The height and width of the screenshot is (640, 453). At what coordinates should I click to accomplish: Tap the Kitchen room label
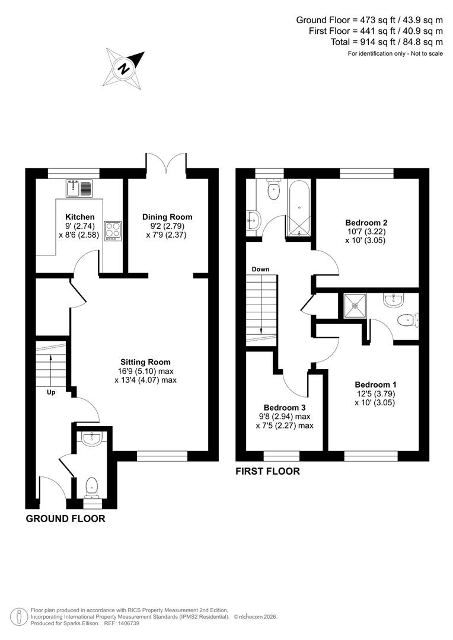point(80,217)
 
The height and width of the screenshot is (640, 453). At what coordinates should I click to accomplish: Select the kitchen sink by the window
point(79,189)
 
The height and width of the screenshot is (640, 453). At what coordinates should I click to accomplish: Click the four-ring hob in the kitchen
point(113,229)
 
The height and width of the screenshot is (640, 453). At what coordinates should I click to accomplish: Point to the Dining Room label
point(167,217)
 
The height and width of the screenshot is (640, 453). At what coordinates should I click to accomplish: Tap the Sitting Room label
point(145,361)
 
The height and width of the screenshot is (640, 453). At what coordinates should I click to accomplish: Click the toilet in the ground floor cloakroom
point(92,487)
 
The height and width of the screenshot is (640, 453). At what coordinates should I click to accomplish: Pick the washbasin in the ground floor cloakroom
point(92,439)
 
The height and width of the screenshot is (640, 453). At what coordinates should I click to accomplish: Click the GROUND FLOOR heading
point(65,519)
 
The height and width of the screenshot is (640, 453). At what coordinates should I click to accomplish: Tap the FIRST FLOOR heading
point(267,472)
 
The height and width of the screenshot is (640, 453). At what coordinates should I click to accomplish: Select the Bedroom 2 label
point(366,223)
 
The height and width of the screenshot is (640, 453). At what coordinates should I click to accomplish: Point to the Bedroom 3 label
point(285,408)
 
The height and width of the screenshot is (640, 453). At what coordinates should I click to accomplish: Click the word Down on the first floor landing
point(260,270)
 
